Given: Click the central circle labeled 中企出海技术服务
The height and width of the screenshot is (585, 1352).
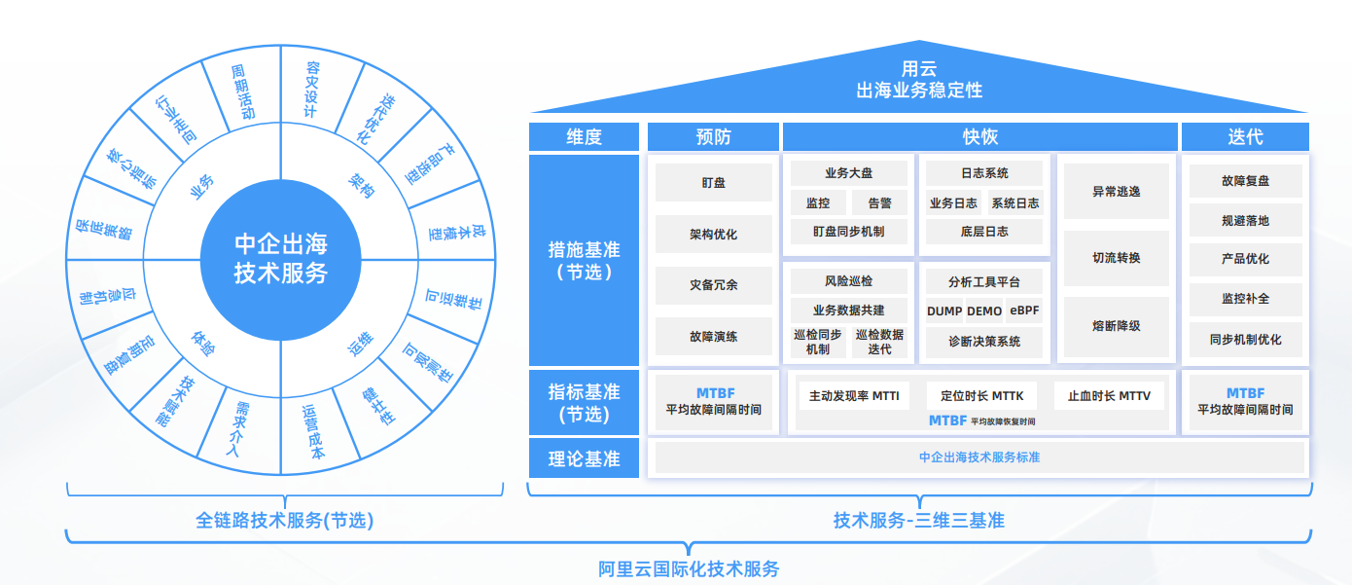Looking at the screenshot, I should click(280, 259).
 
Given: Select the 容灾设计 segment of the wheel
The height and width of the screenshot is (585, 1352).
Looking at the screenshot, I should click(311, 90).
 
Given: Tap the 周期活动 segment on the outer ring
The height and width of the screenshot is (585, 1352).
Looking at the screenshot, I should click(242, 91).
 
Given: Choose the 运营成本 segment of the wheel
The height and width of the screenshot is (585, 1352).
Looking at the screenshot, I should click(313, 429).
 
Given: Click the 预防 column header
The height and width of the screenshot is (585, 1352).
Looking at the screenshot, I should click(713, 137).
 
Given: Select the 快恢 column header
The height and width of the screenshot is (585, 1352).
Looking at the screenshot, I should click(980, 137).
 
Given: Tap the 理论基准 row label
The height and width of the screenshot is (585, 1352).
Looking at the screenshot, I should click(584, 457).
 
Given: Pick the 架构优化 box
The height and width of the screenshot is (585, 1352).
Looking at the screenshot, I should click(713, 235).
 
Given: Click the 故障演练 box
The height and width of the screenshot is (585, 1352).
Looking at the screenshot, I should click(713, 337).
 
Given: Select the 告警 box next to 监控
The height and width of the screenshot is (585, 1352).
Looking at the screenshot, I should click(879, 203).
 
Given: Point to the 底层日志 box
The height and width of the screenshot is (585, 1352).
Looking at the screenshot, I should click(984, 232).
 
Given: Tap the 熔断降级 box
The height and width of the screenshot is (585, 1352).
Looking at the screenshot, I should click(1116, 326).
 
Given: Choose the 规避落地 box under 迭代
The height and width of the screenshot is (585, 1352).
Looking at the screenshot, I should click(1245, 221).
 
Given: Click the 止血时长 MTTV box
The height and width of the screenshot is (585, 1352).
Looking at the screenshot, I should click(1109, 396).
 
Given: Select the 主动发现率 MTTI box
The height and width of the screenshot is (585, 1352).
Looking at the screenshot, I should click(854, 396).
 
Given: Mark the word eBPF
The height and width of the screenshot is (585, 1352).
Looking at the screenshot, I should click(1025, 311).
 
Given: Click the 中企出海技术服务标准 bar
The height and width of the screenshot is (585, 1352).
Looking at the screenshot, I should click(979, 457).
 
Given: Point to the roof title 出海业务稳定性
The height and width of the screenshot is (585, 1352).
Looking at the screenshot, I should click(918, 91).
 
